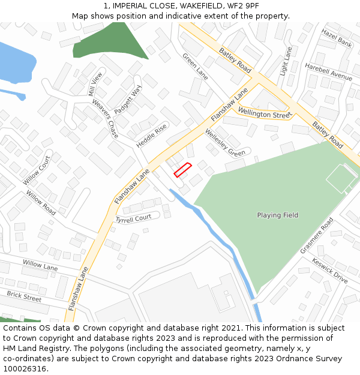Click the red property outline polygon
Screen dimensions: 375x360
[x=182, y=170]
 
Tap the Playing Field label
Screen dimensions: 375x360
[x=277, y=215]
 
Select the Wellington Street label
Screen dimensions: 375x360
[x=265, y=113]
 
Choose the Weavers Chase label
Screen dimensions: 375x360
[x=105, y=118]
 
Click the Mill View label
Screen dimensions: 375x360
[x=95, y=84]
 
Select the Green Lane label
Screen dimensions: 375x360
[x=194, y=66]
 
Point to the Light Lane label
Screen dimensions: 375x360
[x=286, y=61]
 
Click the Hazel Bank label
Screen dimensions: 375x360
[x=336, y=37]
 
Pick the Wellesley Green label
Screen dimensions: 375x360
[x=225, y=143]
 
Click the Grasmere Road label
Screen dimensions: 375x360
[x=316, y=235]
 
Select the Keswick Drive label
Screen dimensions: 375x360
[x=329, y=270]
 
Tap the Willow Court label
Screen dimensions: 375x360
[x=37, y=170]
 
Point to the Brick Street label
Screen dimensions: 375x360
[x=24, y=296]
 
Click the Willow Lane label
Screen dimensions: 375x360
[x=40, y=264]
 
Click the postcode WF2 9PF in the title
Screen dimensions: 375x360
[x=245, y=5]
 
